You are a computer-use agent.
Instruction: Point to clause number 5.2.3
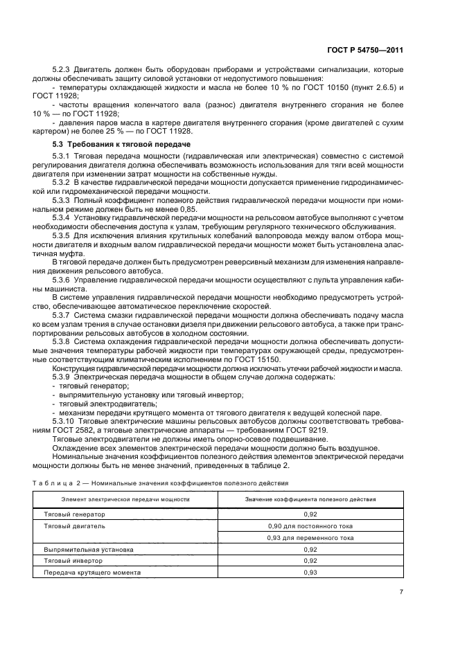point(64,70)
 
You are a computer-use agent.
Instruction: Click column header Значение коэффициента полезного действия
point(310,499)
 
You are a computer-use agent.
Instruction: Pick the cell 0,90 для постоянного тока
point(310,526)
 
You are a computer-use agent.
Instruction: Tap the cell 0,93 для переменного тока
point(310,537)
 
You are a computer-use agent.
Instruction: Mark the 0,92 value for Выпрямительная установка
point(310,549)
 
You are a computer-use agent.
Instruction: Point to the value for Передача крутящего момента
point(310,572)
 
